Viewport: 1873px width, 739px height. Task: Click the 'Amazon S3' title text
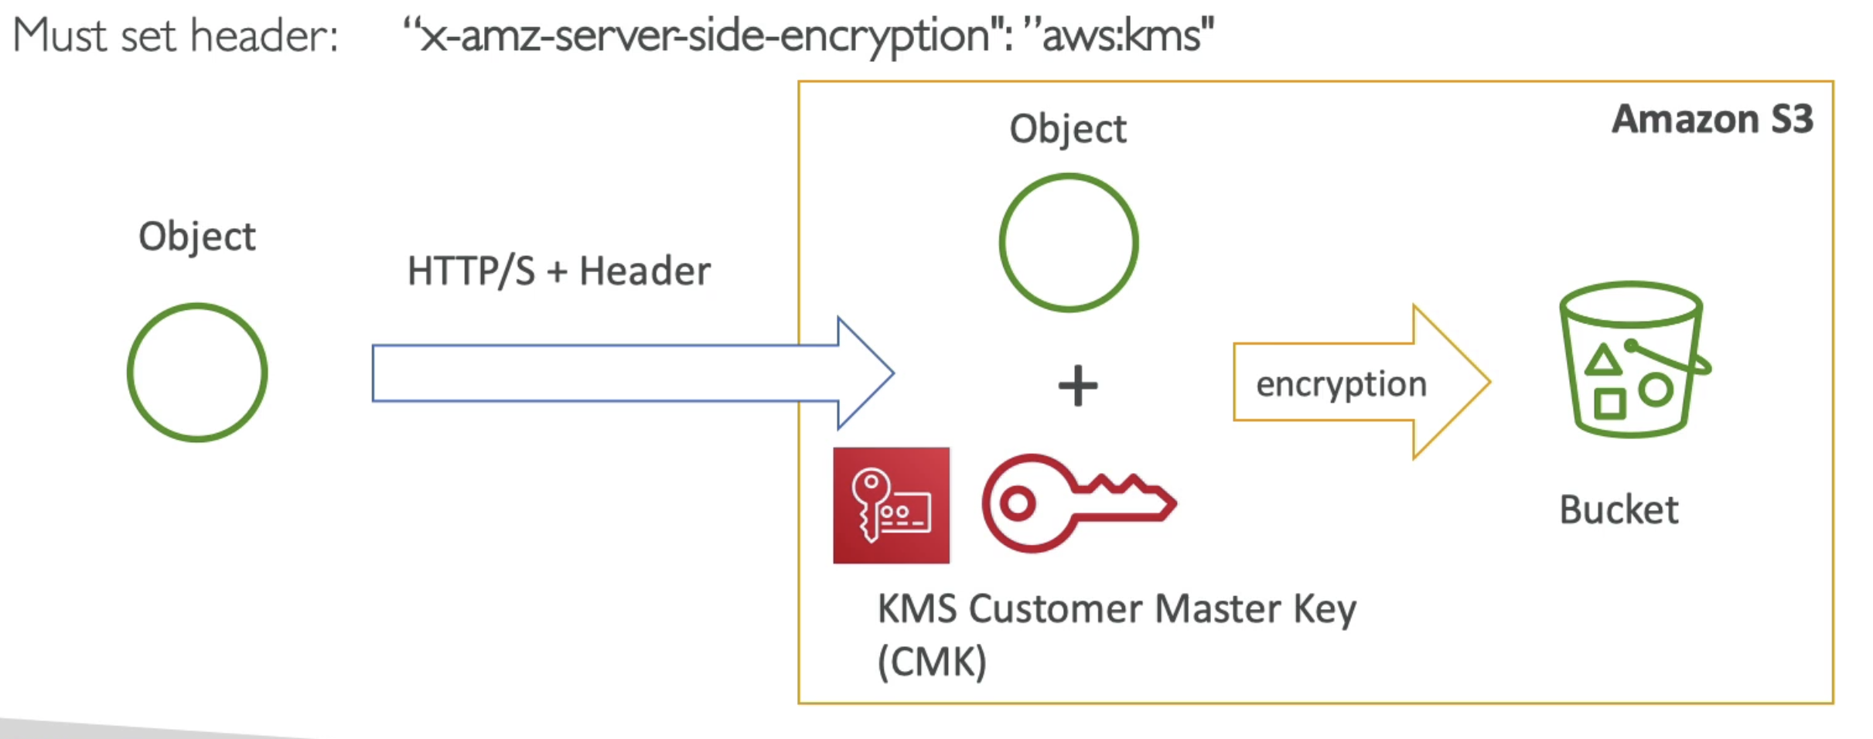[1712, 119]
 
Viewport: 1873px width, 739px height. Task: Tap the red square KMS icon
[891, 506]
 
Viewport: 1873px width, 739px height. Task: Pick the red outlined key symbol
[1079, 502]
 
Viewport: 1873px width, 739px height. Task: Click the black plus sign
[1078, 386]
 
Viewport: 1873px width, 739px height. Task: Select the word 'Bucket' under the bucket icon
[1619, 510]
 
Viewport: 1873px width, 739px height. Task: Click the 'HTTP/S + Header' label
[558, 271]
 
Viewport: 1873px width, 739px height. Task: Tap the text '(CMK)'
[932, 662]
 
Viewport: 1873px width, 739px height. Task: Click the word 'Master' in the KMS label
[1217, 609]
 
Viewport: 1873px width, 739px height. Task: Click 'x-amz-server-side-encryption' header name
[705, 36]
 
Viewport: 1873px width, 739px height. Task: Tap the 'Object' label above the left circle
[196, 237]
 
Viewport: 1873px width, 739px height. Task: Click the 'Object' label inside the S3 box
[1068, 129]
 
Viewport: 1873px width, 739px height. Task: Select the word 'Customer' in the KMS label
[1055, 609]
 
